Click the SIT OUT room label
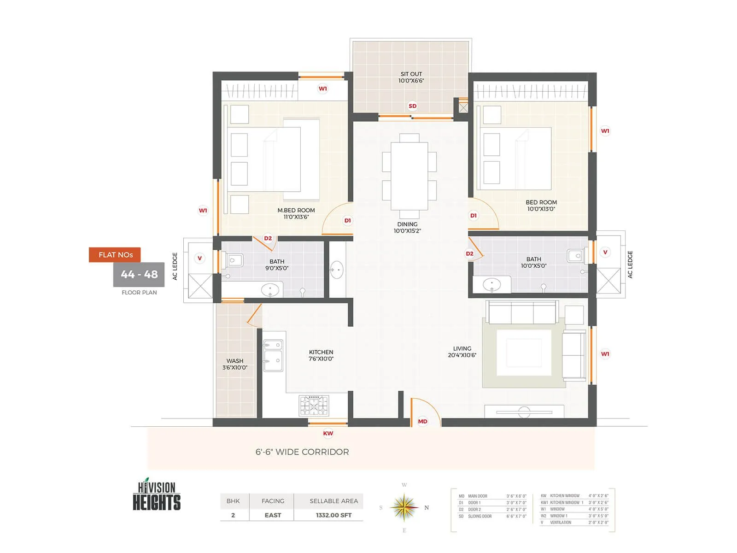411,77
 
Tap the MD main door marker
422,421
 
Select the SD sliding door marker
412,106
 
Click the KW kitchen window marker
328,433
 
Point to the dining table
409,176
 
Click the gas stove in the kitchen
314,406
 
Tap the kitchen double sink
273,356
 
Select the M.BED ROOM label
296,213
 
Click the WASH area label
235,364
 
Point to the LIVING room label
462,352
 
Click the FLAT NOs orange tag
115,255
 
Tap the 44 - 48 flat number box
139,275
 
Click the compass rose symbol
404,507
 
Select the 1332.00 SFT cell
333,515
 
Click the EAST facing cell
273,515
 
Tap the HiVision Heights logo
157,495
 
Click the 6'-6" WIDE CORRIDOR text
302,452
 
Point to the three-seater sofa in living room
522,313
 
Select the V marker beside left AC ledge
199,258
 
